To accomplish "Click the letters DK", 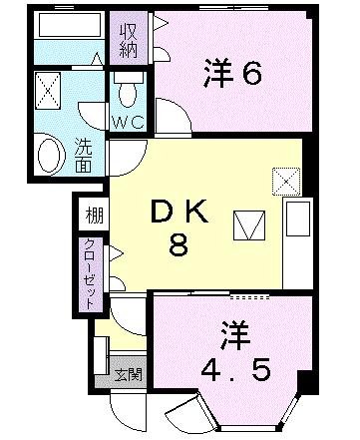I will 178,213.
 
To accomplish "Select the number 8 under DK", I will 178,245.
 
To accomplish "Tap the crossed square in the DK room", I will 285,181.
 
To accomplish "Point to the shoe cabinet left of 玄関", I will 101,353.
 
